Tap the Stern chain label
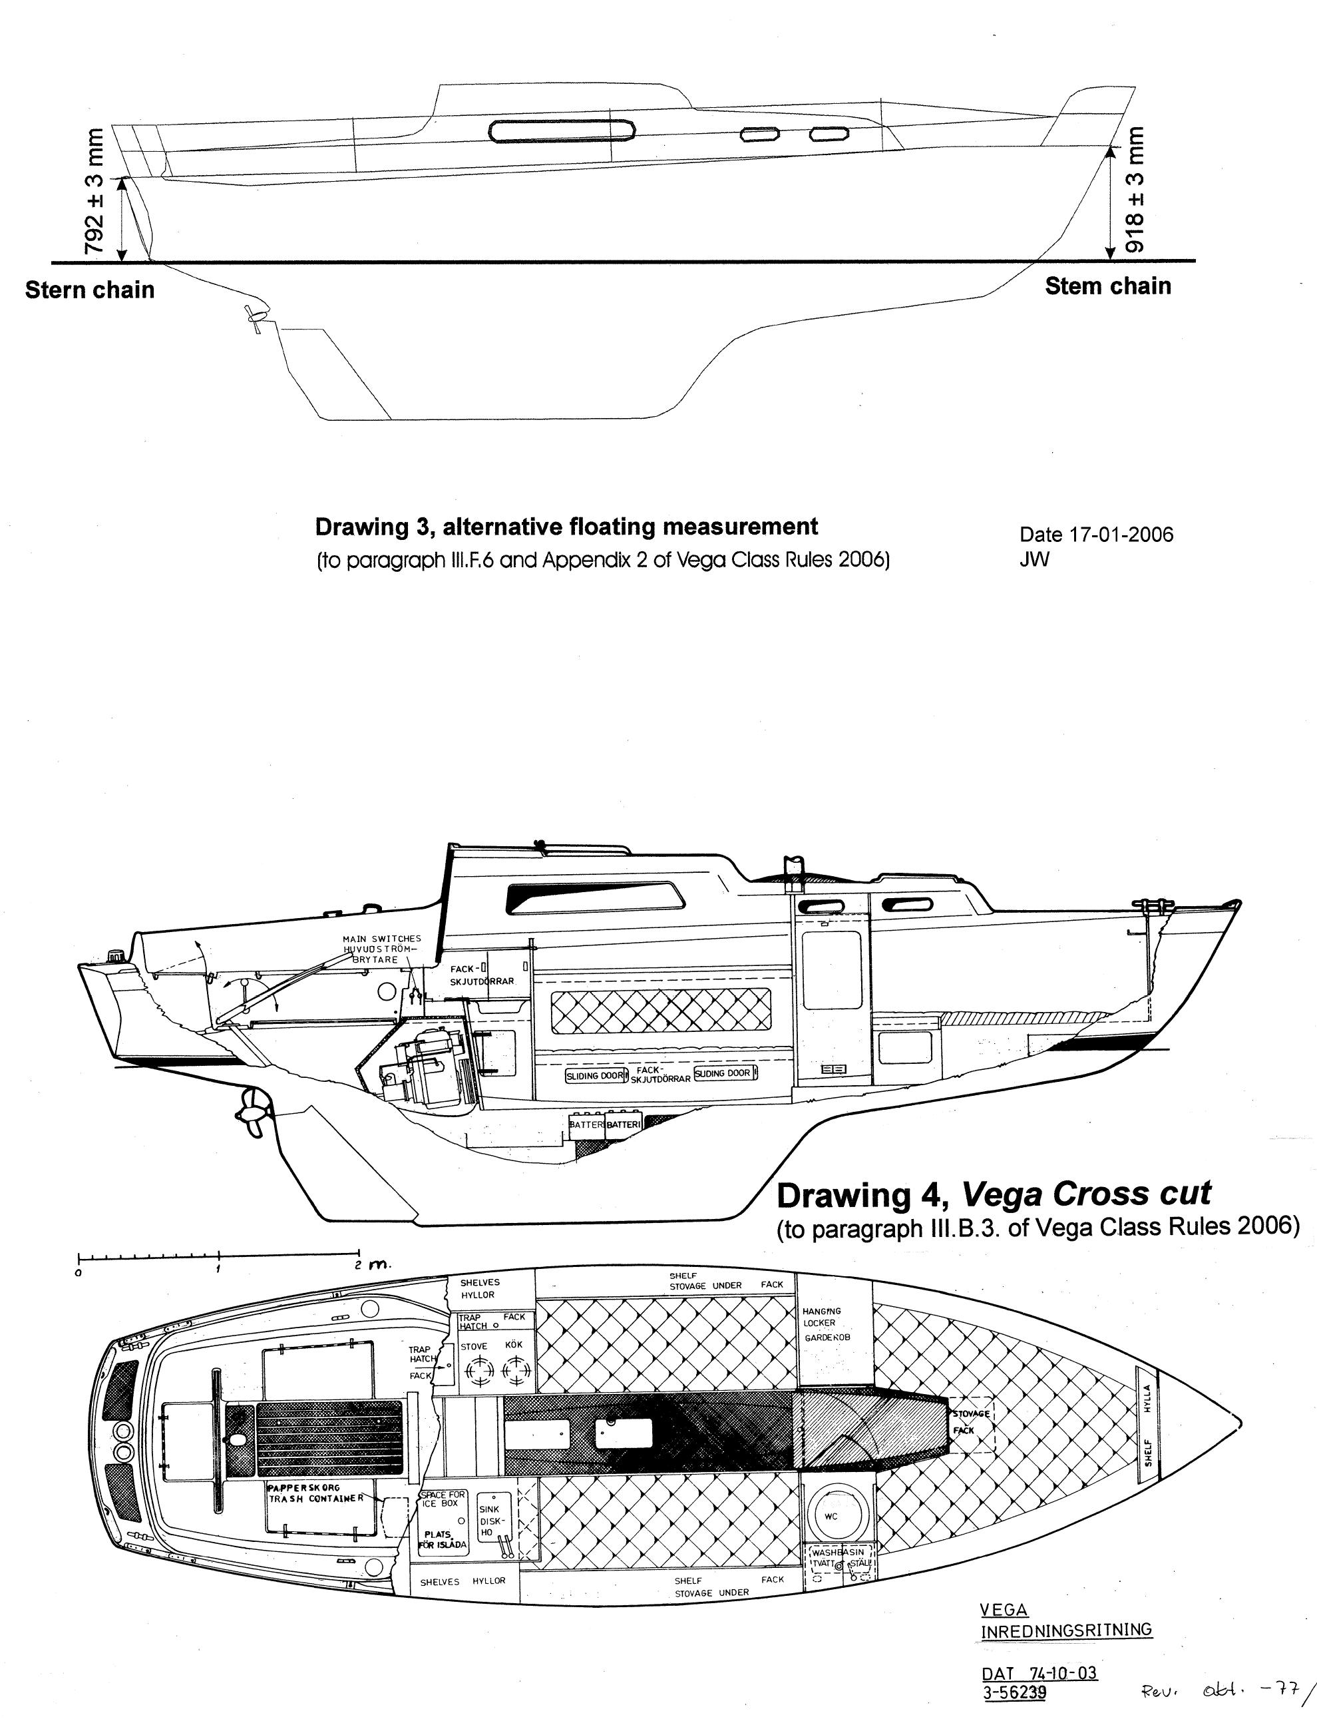click(89, 290)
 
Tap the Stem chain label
click(1107, 286)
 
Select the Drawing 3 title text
click(566, 526)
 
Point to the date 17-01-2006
click(1096, 534)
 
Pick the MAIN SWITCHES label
click(382, 939)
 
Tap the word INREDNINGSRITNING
click(1066, 1630)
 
